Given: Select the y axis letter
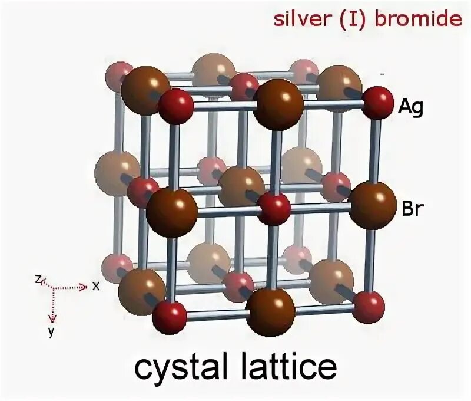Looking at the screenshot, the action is coord(51,332).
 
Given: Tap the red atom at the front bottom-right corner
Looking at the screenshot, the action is coord(369,306).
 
